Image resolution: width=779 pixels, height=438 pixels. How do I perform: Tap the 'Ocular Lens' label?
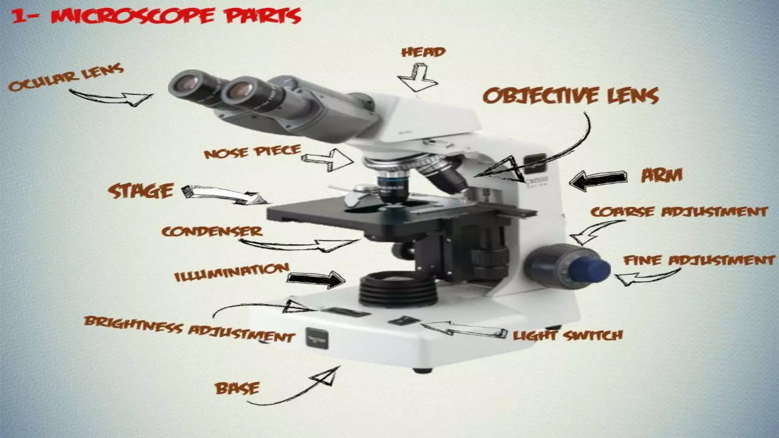(66, 78)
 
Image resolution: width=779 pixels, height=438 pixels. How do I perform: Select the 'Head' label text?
(423, 52)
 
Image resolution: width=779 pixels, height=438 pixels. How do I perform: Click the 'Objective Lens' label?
(571, 95)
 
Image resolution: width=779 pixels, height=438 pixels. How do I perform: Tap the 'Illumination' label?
(231, 272)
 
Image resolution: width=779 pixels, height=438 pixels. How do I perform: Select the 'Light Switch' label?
(568, 335)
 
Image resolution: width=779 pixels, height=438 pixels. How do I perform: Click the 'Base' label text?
(237, 388)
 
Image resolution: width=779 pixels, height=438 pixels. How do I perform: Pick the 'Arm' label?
(662, 175)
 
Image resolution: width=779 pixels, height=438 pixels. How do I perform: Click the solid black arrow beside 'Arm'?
(598, 180)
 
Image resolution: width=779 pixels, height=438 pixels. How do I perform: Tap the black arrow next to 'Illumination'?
(316, 279)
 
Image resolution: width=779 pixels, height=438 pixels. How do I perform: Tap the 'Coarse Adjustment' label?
(679, 211)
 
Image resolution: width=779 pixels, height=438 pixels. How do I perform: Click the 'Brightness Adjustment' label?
(189, 328)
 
